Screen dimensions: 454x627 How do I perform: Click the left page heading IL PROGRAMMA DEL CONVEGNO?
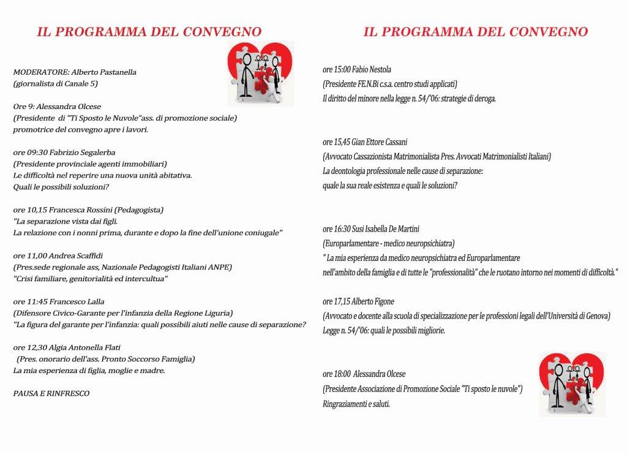pos(149,32)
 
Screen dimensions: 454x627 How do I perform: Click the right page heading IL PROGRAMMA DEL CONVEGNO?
pos(475,32)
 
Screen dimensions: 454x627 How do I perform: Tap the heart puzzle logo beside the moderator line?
pos(260,73)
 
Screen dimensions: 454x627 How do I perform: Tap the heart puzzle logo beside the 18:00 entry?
pos(572,384)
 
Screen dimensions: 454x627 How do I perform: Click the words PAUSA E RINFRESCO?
pos(51,393)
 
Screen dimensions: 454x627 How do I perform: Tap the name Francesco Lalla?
pos(78,301)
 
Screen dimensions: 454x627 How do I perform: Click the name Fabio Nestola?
pos(371,70)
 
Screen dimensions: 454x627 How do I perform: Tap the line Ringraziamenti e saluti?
pos(356,404)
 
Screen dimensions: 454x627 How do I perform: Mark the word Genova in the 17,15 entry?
pos(596,316)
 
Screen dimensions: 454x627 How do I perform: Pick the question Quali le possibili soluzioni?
pos(61,187)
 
